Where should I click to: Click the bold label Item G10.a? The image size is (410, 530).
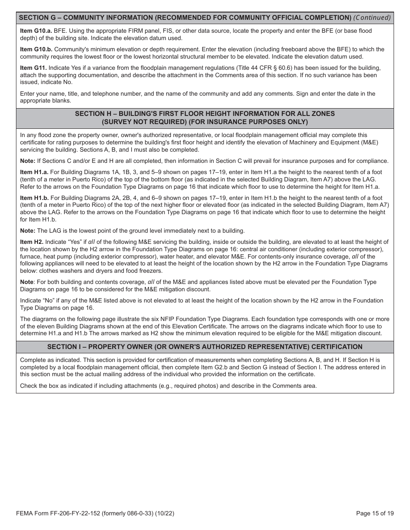36,31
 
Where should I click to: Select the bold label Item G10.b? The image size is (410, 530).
36,49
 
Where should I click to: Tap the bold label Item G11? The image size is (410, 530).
33,68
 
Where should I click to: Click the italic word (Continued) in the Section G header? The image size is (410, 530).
372,18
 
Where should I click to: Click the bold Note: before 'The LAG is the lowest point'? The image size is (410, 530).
28,231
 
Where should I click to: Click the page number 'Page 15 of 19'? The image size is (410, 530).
375,513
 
